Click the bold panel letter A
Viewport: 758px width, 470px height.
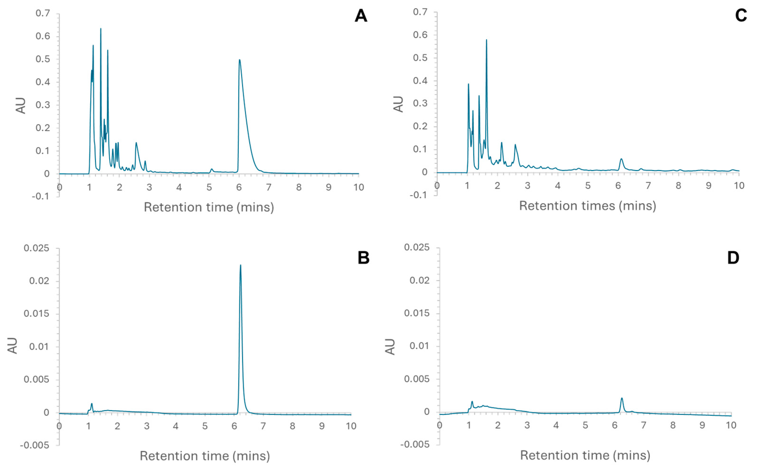pyautogui.click(x=361, y=16)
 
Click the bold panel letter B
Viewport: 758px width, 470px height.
pyautogui.click(x=363, y=258)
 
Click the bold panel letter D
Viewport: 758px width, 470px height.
pyautogui.click(x=733, y=258)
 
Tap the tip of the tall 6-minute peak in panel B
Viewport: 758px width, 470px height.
pyautogui.click(x=240, y=265)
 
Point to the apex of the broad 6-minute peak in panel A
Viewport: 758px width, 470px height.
pyautogui.click(x=239, y=60)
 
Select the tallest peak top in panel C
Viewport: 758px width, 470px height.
pyautogui.click(x=486, y=40)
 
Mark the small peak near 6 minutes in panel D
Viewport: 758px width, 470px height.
pyautogui.click(x=622, y=398)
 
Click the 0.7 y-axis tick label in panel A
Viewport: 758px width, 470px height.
pyautogui.click(x=43, y=13)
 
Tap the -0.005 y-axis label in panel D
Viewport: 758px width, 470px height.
pyautogui.click(x=415, y=444)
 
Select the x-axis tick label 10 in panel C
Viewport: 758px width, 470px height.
pyautogui.click(x=739, y=186)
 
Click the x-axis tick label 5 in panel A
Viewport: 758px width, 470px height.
pyautogui.click(x=209, y=187)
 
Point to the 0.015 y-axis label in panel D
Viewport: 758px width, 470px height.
pyautogui.click(x=417, y=313)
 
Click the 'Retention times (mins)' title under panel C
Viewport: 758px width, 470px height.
pyautogui.click(x=587, y=206)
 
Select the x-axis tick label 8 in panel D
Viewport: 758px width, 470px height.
pyautogui.click(x=673, y=425)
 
